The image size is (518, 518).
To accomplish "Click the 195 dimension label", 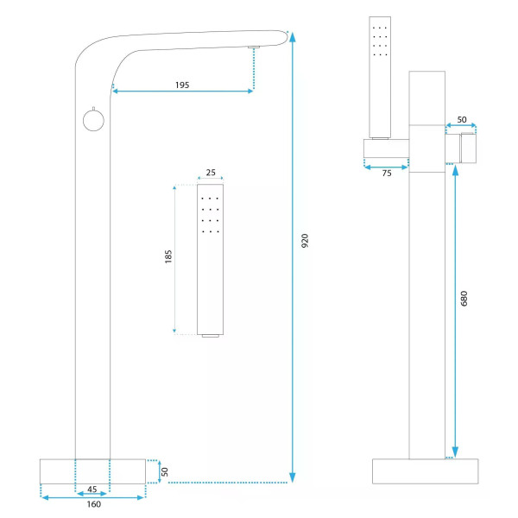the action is click(x=182, y=85).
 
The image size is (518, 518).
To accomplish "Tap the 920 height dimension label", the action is click(x=305, y=240).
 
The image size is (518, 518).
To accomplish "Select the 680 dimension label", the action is click(x=464, y=299).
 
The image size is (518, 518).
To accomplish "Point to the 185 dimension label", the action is click(x=168, y=256).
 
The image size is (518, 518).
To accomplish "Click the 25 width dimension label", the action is click(x=211, y=173).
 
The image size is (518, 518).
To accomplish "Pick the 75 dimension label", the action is click(x=387, y=174).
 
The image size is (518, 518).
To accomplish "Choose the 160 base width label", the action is click(x=94, y=504).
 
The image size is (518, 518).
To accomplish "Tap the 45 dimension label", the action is click(x=92, y=490).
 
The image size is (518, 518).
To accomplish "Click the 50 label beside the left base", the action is click(x=165, y=471).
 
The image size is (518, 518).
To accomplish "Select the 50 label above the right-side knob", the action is click(x=462, y=120).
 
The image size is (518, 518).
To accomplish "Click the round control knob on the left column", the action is click(x=93, y=120).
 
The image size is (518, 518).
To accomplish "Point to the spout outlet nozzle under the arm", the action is click(x=254, y=47).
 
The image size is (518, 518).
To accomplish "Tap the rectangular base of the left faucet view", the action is click(x=92, y=471).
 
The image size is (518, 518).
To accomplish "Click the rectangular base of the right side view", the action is click(x=425, y=471).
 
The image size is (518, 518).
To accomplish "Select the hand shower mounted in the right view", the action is click(x=380, y=78).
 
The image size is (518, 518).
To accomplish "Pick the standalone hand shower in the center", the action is click(x=210, y=261).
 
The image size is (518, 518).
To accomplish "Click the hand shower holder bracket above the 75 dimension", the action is click(x=386, y=148).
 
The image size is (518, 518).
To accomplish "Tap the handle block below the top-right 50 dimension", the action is click(x=461, y=148).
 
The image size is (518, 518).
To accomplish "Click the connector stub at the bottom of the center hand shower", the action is click(x=211, y=336).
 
